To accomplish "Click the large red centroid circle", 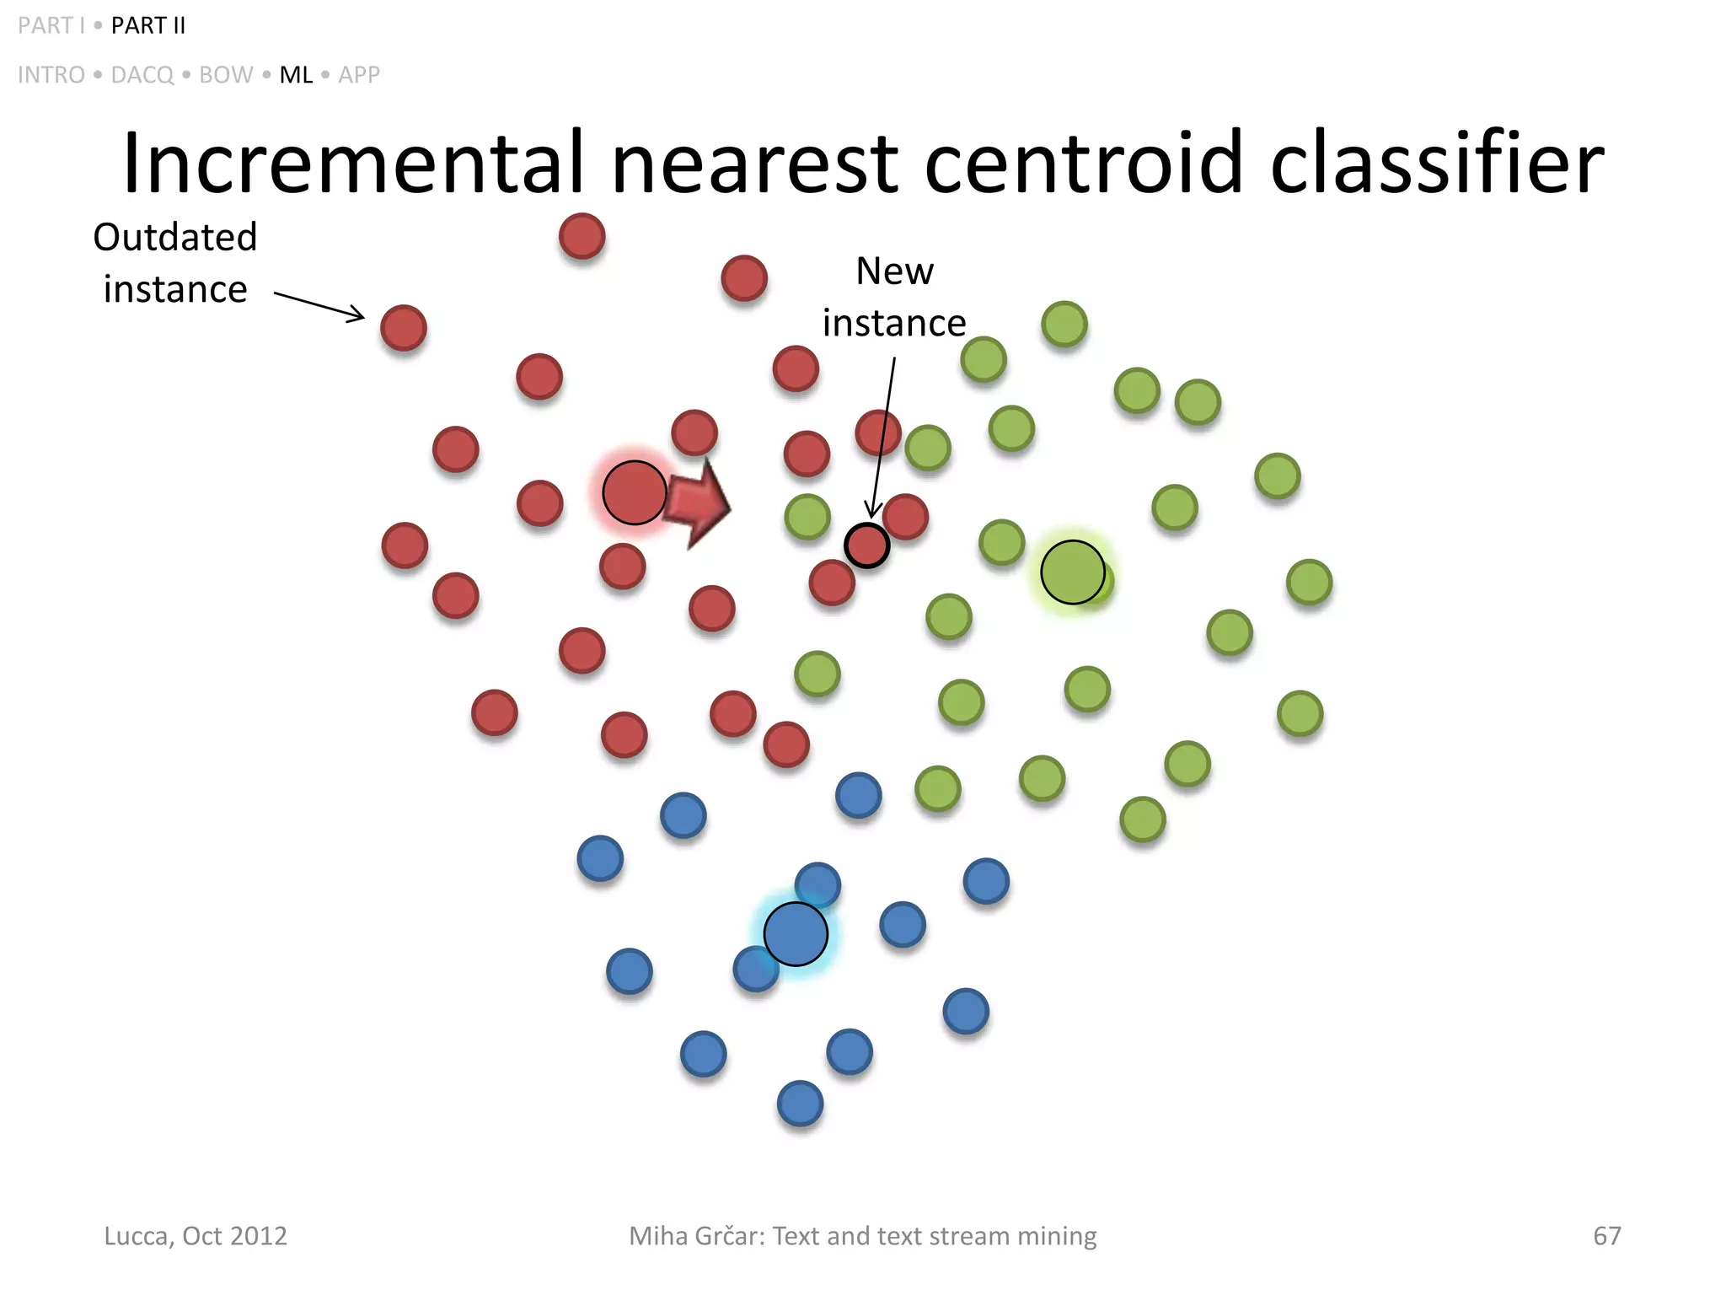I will [x=634, y=493].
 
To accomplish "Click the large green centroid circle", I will [x=1072, y=572].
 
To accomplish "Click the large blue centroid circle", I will [x=796, y=934].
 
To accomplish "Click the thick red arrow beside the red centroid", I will [x=700, y=504].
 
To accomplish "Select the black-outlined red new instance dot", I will [x=866, y=545].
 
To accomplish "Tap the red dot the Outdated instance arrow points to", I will [x=404, y=328].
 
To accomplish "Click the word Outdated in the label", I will [x=174, y=238].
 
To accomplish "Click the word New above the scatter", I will [x=894, y=271].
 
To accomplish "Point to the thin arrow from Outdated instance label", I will [x=319, y=306].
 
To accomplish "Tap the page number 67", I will [x=1606, y=1236].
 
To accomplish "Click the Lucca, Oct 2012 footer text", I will [x=196, y=1236].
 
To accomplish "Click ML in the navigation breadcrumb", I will [x=296, y=75].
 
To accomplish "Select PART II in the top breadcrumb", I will [x=148, y=26].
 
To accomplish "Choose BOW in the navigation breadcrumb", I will [x=226, y=75].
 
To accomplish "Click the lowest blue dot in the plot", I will [x=800, y=1104].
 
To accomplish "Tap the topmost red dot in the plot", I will [x=582, y=236].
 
